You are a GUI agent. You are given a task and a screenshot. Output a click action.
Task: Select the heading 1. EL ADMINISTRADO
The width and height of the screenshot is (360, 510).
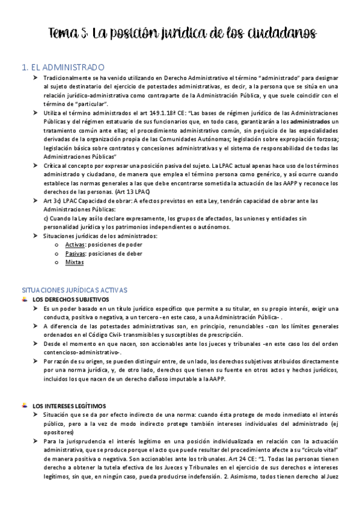pos(63,67)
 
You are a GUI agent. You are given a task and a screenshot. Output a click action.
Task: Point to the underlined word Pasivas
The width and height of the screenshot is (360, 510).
pos(75,254)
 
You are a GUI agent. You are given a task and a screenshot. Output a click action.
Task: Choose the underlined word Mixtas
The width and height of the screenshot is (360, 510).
pos(75,262)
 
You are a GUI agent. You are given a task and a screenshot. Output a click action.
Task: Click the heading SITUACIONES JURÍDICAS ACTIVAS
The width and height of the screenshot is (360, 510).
pos(74,290)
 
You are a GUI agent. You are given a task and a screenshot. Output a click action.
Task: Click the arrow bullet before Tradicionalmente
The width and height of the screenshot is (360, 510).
pos(36,79)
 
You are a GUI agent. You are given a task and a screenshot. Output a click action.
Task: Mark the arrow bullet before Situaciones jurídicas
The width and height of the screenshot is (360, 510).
pos(36,236)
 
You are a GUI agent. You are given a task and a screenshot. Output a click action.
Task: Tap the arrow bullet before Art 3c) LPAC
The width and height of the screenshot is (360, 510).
pos(36,200)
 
